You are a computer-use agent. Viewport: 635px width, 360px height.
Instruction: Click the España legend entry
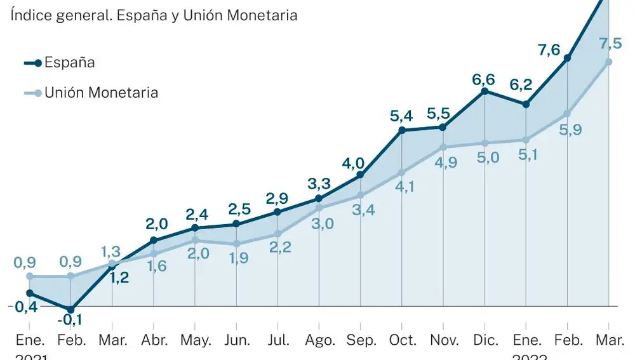click(x=60, y=62)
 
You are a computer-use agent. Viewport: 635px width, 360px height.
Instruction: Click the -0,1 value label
click(x=70, y=321)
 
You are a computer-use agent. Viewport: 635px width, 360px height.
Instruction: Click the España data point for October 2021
click(x=402, y=130)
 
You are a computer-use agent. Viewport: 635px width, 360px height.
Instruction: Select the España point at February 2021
click(x=70, y=309)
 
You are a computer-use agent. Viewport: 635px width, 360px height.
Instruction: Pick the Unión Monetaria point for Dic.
click(x=485, y=143)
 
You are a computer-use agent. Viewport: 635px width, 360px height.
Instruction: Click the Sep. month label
click(x=360, y=340)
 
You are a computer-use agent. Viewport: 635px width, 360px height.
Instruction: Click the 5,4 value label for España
click(x=401, y=116)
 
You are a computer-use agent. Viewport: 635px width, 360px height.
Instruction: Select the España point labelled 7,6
click(x=567, y=58)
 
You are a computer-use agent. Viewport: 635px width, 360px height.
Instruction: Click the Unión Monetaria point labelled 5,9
click(x=567, y=114)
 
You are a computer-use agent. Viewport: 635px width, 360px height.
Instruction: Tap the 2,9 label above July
click(x=277, y=197)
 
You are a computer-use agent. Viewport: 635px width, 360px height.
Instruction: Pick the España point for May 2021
click(x=195, y=227)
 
